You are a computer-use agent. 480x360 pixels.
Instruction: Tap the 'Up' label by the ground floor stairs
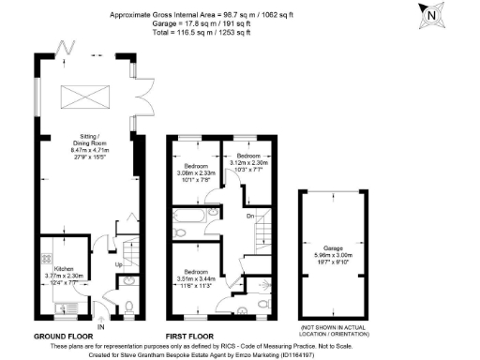[118, 264]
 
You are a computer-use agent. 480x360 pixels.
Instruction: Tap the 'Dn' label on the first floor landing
[249, 215]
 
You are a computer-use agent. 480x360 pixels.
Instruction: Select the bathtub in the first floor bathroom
[186, 223]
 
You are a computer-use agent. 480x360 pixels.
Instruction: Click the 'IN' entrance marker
[100, 325]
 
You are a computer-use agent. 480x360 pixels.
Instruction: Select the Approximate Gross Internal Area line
[214, 14]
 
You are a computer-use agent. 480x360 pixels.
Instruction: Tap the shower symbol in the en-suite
[267, 287]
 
